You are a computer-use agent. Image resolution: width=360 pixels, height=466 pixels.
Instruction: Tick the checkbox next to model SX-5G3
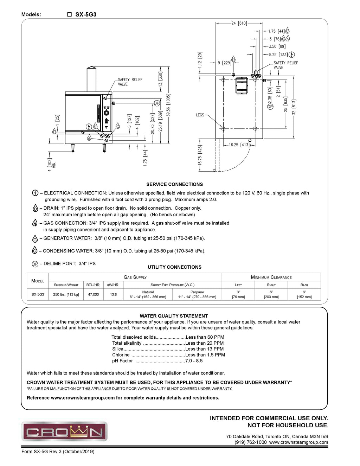(x=69, y=15)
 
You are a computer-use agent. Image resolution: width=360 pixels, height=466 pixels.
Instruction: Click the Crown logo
(x=64, y=431)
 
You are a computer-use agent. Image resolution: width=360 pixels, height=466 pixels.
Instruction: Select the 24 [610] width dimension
(x=239, y=23)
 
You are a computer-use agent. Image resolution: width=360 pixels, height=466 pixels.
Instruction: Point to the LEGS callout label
(x=200, y=115)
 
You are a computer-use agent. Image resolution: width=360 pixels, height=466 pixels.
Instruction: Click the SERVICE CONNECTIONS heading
(x=174, y=184)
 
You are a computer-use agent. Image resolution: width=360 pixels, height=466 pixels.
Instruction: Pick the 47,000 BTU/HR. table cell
(x=94, y=294)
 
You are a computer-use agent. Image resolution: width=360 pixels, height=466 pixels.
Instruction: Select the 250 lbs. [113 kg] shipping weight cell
(x=66, y=294)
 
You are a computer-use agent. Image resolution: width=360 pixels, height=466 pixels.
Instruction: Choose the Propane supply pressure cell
(x=197, y=294)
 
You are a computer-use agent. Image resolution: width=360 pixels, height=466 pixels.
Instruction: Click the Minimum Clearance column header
(x=271, y=277)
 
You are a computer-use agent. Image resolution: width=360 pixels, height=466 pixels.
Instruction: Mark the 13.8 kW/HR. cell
(x=113, y=294)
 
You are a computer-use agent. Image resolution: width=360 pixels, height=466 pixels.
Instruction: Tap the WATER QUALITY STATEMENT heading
(x=174, y=316)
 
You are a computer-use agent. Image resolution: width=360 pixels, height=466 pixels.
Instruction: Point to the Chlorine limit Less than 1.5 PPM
(x=205, y=355)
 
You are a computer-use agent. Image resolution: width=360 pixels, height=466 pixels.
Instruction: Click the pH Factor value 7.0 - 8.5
(x=196, y=361)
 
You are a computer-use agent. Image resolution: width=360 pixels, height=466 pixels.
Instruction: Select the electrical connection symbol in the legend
(x=35, y=193)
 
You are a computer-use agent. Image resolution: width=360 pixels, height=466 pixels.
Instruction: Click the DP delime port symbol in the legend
(x=35, y=264)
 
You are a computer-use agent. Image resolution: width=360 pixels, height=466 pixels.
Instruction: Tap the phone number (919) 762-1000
(x=250, y=442)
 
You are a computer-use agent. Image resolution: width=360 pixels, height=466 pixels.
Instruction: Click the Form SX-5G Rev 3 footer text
(x=58, y=452)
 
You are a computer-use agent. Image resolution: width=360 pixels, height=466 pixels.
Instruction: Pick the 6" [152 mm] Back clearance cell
(x=304, y=294)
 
